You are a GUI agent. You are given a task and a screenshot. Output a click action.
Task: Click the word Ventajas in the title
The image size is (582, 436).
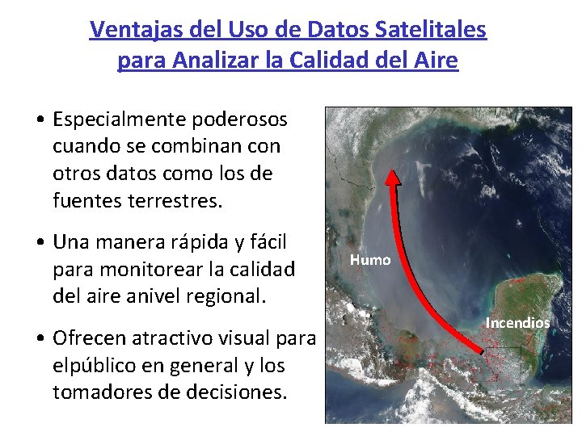[x=126, y=30]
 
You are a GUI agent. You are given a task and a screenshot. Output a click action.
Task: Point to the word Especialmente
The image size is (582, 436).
[x=120, y=120]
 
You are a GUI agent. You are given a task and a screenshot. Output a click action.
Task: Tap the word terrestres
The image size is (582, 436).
[x=174, y=200]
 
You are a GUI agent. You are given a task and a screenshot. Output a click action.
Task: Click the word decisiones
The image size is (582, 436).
[x=238, y=392]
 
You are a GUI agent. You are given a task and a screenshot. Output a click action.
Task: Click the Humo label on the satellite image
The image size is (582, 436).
[x=370, y=260]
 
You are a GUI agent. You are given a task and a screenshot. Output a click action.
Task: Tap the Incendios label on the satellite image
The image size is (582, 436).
[x=517, y=323]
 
